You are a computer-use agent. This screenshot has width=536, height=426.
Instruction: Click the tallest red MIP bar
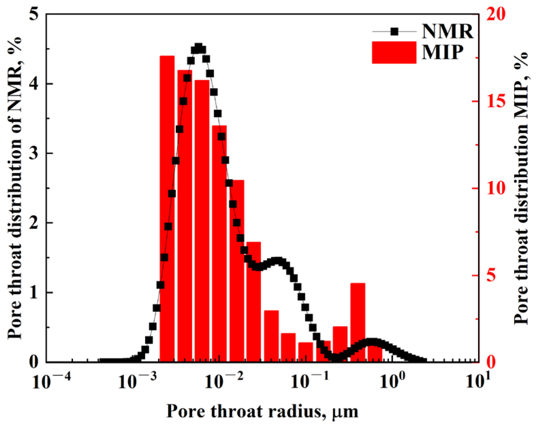(167, 208)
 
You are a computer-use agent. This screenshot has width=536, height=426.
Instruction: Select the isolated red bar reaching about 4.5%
(357, 322)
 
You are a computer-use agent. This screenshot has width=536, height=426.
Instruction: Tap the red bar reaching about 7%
(254, 301)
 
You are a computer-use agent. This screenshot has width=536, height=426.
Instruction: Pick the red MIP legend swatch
(394, 52)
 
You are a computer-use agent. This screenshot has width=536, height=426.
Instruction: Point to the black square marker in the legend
(394, 32)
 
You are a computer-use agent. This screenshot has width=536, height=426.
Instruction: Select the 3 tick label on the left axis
(33, 153)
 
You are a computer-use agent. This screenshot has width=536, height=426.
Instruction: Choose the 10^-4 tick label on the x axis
(51, 382)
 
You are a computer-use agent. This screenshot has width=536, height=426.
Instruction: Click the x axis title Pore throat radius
(262, 411)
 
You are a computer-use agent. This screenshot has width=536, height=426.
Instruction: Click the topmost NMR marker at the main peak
(199, 47)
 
